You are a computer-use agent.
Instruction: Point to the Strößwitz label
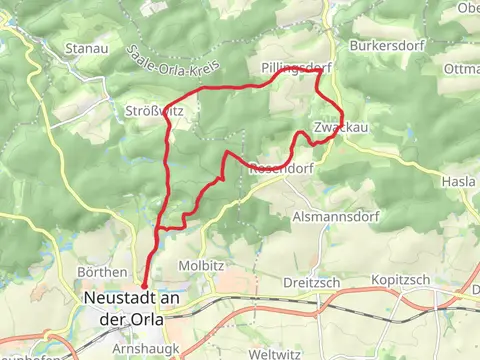pos(155,110)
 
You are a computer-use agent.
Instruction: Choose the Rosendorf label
pos(273,169)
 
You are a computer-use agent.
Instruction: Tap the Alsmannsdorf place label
pos(333,216)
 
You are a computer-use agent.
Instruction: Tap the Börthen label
pos(102,272)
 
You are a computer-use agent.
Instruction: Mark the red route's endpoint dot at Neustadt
pos(144,286)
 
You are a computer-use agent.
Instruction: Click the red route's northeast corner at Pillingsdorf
pos(317,71)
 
